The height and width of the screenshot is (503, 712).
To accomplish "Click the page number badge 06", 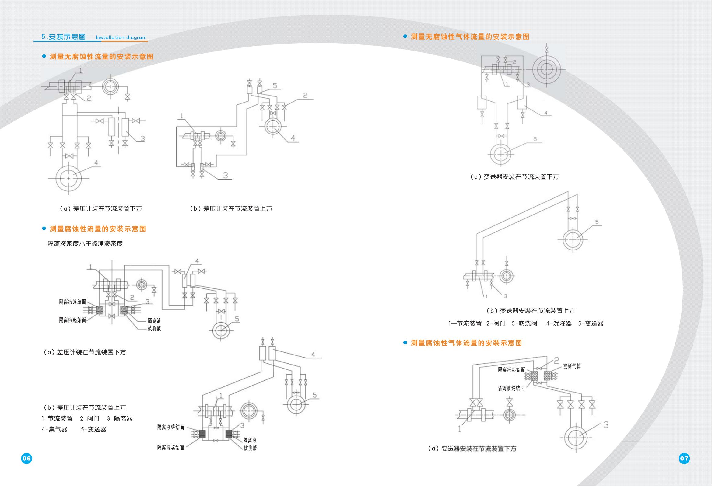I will pos(26,458).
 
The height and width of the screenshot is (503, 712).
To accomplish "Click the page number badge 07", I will pos(684,458).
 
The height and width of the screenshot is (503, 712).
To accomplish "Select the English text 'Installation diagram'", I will pos(121,37).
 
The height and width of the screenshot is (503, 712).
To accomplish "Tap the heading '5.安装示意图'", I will pos(63,37).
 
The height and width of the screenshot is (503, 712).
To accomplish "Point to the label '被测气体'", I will pos(572,366).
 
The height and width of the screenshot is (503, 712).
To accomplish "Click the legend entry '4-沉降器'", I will pos(559,323).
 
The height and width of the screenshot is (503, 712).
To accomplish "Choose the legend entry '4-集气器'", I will pos(54,429).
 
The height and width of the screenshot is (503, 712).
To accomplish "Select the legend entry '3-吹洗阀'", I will pos(524,323).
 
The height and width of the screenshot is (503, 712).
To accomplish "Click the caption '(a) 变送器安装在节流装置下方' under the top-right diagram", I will pos(514,177).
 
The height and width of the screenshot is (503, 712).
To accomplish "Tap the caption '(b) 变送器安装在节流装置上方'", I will pos(531,311).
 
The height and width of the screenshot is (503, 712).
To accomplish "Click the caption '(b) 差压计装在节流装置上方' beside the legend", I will pos(85,407).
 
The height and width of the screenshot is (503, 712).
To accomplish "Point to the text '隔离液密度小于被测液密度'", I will pos(85,244).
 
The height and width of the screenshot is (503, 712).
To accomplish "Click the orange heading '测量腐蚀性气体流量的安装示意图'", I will pos(466,343).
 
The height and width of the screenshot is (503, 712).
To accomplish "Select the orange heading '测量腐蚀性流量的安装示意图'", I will pos(98,229).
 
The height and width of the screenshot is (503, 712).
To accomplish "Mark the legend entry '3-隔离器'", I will pos(120,418).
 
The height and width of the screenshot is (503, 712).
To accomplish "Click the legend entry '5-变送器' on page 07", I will pos(591,323).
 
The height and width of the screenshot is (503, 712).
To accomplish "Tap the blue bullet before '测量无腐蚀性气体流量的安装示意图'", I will pos(405,37).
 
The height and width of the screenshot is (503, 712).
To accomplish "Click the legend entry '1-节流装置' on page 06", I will pos(57,418).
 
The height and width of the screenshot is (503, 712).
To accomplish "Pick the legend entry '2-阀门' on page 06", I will pos(89,418).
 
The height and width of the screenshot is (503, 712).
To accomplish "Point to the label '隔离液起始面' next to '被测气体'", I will pos(511,370).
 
